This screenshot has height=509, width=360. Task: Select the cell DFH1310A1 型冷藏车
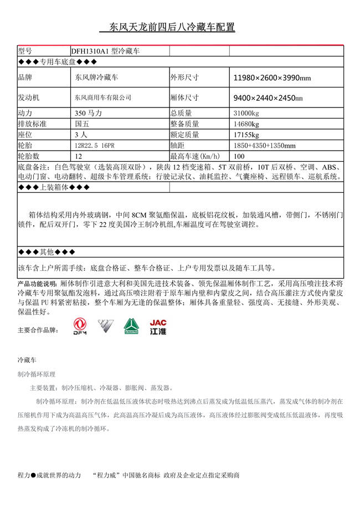(x=105, y=50)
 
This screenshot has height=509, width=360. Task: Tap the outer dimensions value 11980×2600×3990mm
(x=272, y=78)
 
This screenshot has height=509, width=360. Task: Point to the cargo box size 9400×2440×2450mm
(x=268, y=97)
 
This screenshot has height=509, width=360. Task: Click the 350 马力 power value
(x=89, y=113)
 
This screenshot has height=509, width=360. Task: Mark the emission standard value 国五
(x=81, y=124)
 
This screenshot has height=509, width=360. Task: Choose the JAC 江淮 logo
(x=158, y=327)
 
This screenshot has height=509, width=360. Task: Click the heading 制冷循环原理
(x=37, y=374)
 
